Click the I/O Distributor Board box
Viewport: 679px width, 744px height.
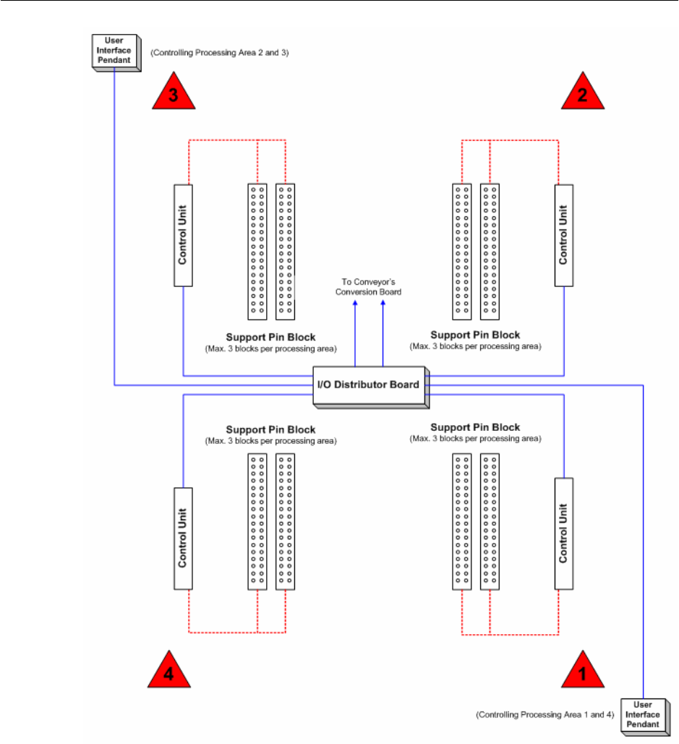369,385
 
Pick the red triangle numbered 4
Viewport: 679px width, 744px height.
171,672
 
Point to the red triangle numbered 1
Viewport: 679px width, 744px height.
580,672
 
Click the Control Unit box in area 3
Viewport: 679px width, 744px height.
183,235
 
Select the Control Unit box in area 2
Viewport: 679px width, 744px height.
563,235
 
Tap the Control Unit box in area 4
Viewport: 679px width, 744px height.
183,538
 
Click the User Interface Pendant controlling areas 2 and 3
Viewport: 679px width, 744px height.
114,51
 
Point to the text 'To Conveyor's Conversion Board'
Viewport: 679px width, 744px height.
368,287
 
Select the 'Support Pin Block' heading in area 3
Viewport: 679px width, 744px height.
271,337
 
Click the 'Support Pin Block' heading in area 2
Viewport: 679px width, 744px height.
475,335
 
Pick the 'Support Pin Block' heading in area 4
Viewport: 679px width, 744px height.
271,429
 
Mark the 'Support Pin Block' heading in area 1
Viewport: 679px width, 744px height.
475,428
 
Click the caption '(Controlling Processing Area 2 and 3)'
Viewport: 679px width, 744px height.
220,53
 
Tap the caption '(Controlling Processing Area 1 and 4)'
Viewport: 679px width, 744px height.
545,714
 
